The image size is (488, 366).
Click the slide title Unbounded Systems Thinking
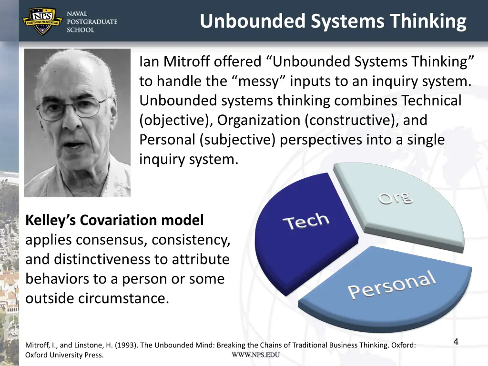pos(333,21)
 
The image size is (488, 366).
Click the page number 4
pos(456,341)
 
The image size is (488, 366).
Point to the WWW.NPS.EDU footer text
pos(255,355)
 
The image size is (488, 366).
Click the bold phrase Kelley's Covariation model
pos(114,220)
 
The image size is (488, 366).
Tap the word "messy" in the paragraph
pos(260,81)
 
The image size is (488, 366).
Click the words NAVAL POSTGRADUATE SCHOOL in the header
pos(91,22)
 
